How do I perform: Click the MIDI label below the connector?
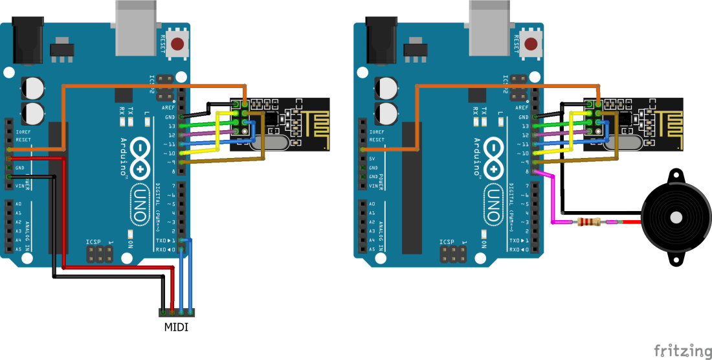tap(176, 327)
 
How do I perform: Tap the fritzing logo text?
tap(682, 350)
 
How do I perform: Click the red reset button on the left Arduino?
tap(177, 45)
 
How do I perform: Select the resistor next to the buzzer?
tap(588, 222)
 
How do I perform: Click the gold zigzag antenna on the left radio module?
tap(313, 122)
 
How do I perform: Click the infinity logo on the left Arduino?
tap(142, 155)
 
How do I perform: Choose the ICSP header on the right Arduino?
tap(452, 254)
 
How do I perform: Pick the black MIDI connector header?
tap(176, 313)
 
